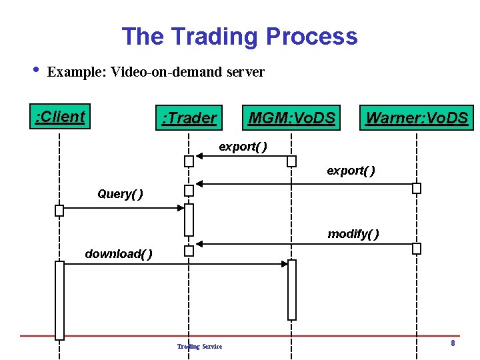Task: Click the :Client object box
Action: point(61,117)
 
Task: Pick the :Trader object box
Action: point(189,118)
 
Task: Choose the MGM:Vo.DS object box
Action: point(291,118)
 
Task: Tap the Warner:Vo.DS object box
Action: point(417,118)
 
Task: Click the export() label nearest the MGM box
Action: point(243,147)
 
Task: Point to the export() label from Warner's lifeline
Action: point(351,171)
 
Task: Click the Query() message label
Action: point(120,194)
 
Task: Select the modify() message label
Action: point(353,233)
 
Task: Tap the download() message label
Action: point(119,253)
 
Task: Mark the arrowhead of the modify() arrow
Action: point(198,244)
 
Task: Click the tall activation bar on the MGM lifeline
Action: point(291,289)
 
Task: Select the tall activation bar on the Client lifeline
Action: point(59,300)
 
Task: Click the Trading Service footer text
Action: point(199,346)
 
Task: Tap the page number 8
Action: point(453,343)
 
